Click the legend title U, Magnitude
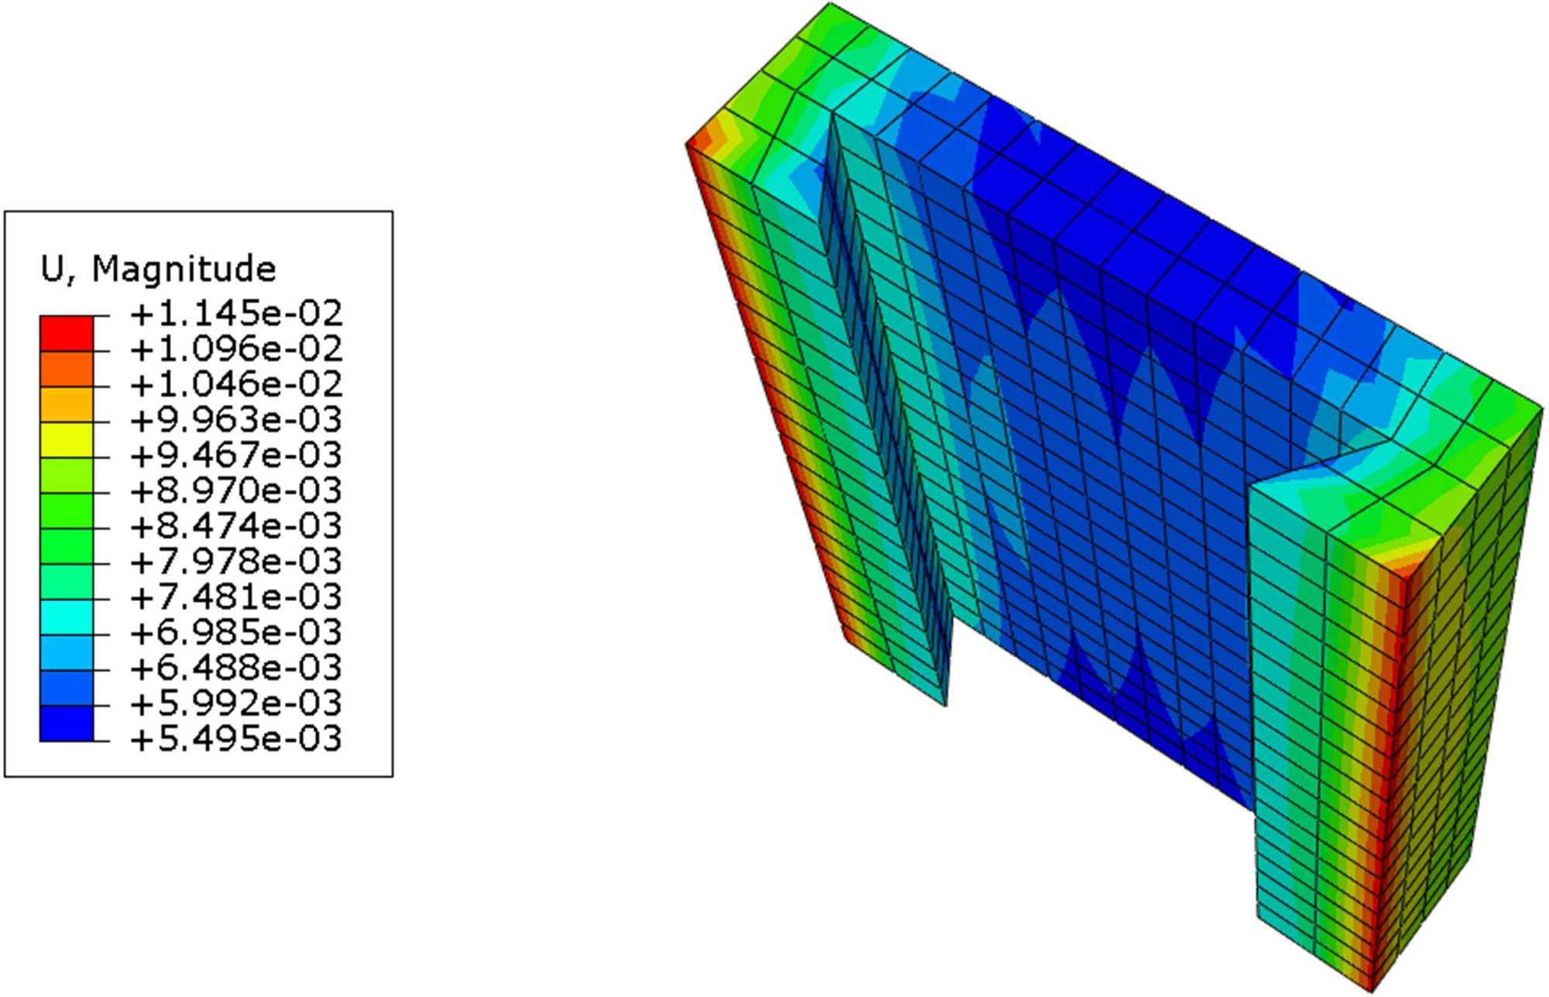tap(158, 269)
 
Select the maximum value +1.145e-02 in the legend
tap(236, 314)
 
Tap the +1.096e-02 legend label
tap(236, 349)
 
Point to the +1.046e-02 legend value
tap(236, 384)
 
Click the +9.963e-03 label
tap(236, 420)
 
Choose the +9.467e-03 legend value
tap(236, 456)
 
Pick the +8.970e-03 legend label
tap(236, 491)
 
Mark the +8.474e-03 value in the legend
tap(236, 527)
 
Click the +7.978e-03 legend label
tap(236, 562)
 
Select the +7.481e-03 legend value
tap(236, 597)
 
